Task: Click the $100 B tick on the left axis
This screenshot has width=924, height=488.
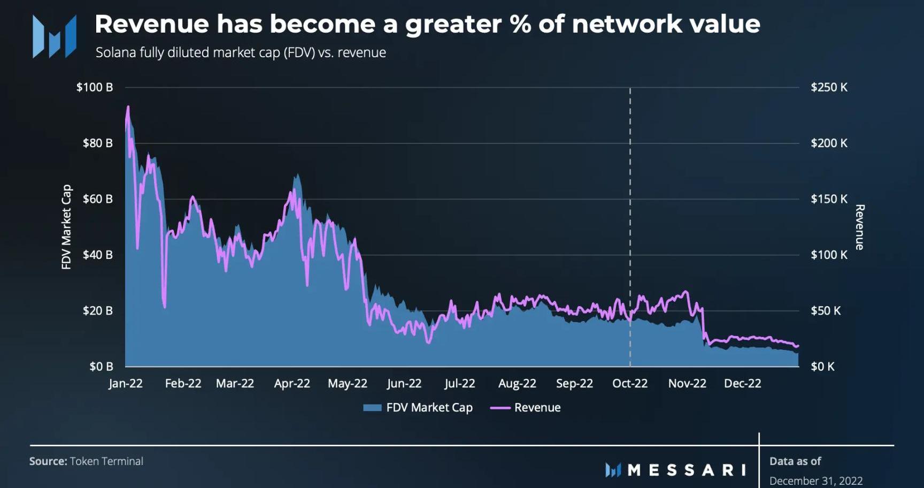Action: (95, 87)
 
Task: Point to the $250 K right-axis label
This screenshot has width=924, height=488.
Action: (829, 87)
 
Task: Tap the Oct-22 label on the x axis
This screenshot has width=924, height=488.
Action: (629, 384)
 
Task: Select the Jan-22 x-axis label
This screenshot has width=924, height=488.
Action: (126, 384)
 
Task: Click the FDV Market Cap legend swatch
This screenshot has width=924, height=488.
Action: (372, 408)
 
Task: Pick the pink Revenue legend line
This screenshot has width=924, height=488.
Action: (500, 408)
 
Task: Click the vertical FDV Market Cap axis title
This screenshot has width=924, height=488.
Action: (66, 227)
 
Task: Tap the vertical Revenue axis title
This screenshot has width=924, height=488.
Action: (859, 227)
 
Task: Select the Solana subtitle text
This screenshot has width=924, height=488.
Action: (241, 52)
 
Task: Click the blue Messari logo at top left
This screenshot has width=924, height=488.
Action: (54, 36)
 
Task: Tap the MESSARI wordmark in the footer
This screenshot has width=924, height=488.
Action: (687, 470)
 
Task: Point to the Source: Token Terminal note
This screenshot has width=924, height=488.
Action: (86, 461)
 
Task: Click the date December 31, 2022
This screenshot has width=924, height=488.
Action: (816, 481)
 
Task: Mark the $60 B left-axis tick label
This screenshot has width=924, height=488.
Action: (98, 199)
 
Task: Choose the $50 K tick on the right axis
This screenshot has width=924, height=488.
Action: (826, 311)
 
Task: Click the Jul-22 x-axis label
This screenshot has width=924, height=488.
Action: (460, 384)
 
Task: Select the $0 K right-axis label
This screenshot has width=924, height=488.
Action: (822, 367)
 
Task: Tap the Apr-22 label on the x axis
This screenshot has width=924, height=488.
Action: (292, 384)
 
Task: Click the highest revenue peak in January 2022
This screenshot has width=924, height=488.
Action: (128, 107)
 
